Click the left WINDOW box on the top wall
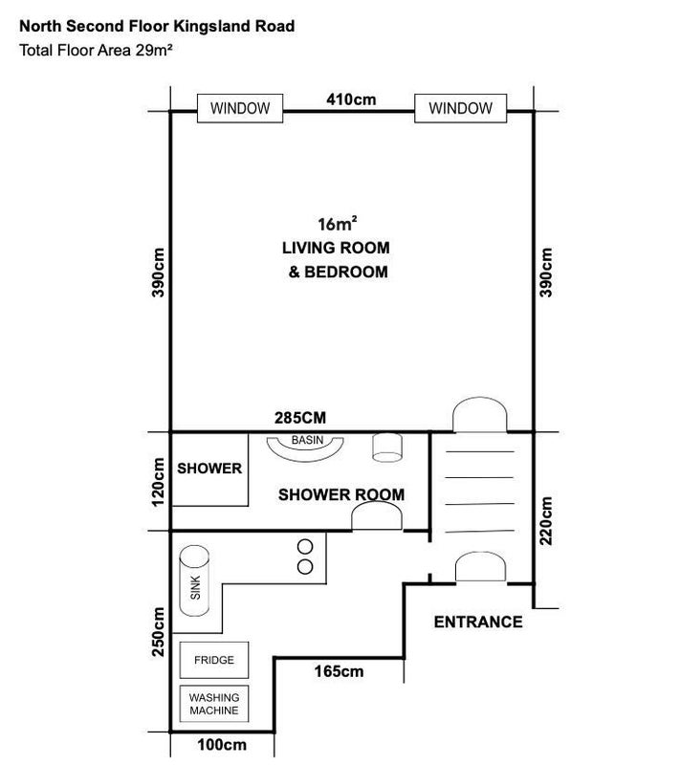pos(240,108)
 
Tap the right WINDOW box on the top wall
pos(460,108)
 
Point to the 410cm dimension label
pos(351,99)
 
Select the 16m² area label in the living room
pos(337,224)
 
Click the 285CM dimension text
pos(300,418)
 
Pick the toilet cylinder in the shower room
pos(386,448)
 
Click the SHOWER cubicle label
pos(209,469)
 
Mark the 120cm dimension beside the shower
pos(159,482)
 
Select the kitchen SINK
pos(194,580)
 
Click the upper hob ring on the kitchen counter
pos(305,547)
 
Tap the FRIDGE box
pos(214,660)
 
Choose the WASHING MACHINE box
pos(214,704)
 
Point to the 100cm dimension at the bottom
pos(222,745)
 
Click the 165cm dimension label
pos(339,671)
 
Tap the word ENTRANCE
pos(478,623)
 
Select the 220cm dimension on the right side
pos(546,520)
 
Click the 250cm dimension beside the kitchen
pos(159,631)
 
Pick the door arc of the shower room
pos(377,503)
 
